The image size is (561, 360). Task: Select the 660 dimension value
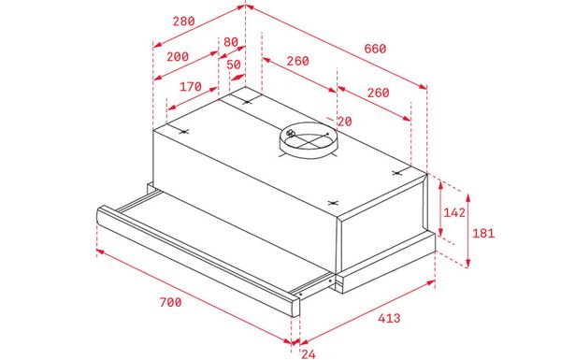click(374, 48)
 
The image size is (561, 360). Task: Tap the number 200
click(177, 56)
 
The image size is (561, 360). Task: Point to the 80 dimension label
click(230, 41)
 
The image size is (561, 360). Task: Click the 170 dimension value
click(191, 87)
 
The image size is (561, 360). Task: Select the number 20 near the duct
click(345, 122)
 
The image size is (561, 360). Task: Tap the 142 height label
click(454, 213)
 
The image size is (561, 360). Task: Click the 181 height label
click(482, 234)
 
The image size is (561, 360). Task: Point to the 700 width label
click(169, 302)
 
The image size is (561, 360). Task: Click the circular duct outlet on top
click(308, 142)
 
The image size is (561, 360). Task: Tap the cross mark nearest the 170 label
click(183, 131)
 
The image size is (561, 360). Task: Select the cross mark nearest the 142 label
click(396, 173)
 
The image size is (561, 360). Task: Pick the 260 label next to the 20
click(378, 93)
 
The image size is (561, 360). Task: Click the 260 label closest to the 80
click(297, 62)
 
